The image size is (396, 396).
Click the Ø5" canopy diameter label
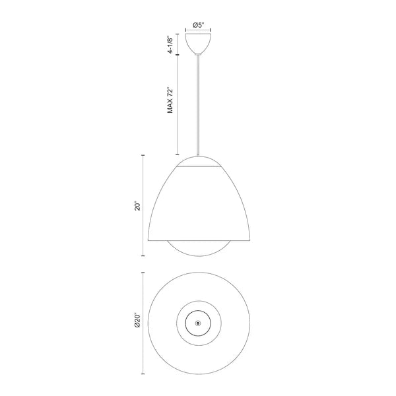tap(198, 25)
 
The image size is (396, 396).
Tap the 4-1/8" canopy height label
tap(170, 45)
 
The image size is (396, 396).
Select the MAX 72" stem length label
tap(170, 100)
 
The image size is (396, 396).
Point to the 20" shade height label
tap(137, 206)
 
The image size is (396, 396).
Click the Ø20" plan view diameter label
tap(137, 321)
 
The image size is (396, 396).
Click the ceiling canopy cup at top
tap(198, 43)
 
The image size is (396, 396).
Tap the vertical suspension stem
tap(198, 105)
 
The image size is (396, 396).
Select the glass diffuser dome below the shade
tap(199, 249)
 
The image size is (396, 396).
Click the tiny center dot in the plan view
tap(198, 323)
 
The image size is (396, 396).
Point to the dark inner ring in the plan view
tap(198, 311)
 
